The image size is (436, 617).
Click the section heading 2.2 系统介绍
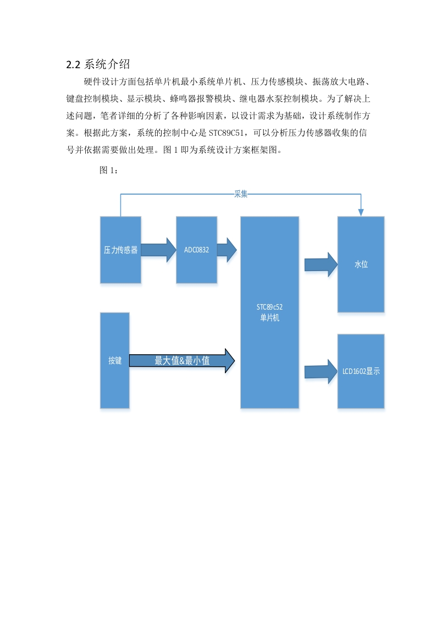[x=98, y=64]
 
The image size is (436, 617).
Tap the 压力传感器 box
[x=120, y=250]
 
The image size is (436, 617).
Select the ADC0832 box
[x=196, y=250]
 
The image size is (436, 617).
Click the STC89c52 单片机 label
[x=269, y=312]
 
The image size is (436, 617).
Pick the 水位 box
[x=361, y=265]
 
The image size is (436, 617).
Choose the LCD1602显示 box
[x=361, y=371]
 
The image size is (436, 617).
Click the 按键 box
[x=115, y=360]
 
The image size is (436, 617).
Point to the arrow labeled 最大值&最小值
[x=182, y=360]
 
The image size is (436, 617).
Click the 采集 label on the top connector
[x=241, y=194]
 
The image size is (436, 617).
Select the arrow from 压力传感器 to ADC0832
[x=158, y=250]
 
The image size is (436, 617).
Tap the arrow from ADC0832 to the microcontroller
[x=227, y=250]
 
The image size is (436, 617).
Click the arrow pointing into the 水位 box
[x=321, y=265]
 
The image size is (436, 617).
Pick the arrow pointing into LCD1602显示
[x=321, y=371]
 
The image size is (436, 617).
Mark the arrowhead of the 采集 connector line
[x=361, y=213]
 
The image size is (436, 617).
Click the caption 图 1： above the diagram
[x=109, y=170]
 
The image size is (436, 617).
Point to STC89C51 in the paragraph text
[x=227, y=133]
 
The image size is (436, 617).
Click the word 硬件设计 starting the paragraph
[x=101, y=81]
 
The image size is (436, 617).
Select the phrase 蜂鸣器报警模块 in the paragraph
[x=200, y=98]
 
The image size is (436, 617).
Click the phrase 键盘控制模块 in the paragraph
[x=92, y=98]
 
